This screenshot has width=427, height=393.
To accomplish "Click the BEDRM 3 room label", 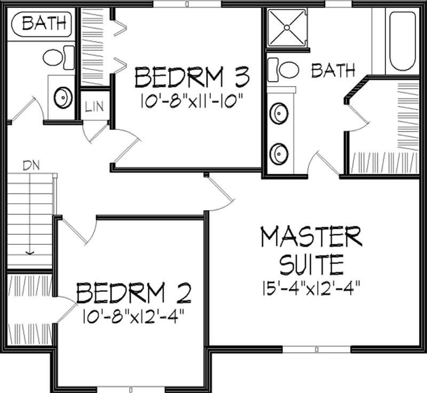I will click(192, 78).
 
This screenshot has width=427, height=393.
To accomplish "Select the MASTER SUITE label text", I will click(311, 249).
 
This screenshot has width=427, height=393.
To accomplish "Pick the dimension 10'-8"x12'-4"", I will click(133, 317).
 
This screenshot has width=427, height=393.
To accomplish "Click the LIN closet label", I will click(95, 105).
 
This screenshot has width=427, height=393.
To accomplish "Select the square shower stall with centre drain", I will click(286, 26).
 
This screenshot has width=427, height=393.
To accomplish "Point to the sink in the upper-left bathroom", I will click(63, 98).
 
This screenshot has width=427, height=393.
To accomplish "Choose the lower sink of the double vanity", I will click(278, 153).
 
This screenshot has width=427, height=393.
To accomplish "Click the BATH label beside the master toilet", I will click(333, 70).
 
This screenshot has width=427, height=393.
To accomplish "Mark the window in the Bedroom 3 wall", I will click(187, 4).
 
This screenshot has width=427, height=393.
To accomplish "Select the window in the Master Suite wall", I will click(316, 350).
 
